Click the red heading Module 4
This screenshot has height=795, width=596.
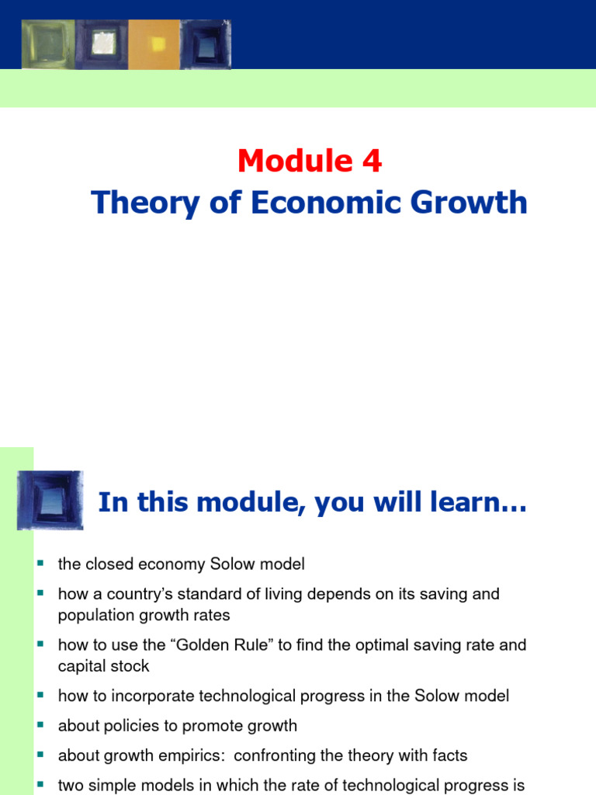coord(309,161)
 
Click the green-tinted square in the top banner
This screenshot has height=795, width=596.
coord(47,44)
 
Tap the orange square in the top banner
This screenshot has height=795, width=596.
coord(154,44)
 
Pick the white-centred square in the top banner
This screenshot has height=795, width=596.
coord(102,44)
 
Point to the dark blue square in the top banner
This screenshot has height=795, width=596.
coord(206,44)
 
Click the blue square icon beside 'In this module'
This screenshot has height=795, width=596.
coord(50,499)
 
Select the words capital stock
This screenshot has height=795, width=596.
coord(103,666)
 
